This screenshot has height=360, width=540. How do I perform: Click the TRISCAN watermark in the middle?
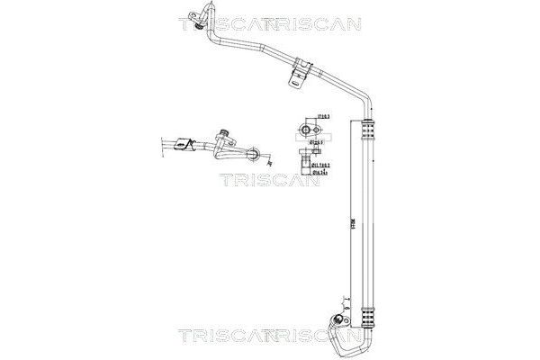point(270,180)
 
